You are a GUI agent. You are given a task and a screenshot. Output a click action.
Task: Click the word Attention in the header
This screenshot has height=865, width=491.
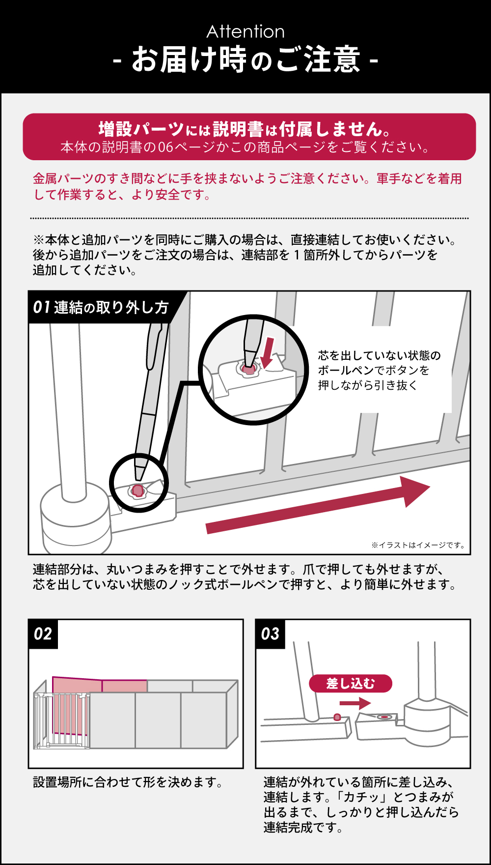pos(245,32)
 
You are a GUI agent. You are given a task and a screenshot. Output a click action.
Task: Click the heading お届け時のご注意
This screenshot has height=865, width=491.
pos(245,60)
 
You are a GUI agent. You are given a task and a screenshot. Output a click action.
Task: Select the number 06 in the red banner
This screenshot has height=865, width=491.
pos(165,147)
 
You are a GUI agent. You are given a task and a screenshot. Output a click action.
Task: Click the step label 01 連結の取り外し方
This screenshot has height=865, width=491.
pos(101,308)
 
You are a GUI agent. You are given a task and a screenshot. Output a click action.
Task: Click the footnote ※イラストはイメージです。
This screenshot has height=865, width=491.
pos(418,545)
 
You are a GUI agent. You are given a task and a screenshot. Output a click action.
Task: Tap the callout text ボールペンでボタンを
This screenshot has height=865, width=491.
pos(373,370)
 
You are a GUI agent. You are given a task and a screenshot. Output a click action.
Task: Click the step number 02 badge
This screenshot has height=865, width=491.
pos(43,634)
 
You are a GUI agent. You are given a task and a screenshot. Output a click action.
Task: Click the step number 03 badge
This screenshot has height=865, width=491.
pos(270,634)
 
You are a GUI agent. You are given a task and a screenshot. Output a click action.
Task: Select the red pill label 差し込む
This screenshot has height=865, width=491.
pos(351,683)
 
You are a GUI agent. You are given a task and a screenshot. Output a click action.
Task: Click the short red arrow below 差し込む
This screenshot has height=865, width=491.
pos(355,703)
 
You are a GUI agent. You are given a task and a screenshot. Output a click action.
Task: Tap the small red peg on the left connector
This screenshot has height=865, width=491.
pos(337,717)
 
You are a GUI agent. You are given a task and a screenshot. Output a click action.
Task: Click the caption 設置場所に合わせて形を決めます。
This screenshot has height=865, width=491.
pos(128,782)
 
